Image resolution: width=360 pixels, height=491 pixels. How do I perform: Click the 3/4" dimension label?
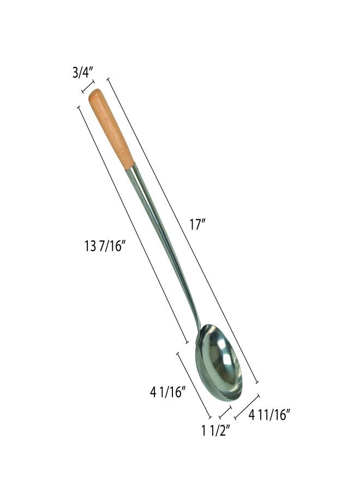(83, 73)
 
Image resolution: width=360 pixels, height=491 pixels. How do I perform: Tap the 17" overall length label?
(197, 224)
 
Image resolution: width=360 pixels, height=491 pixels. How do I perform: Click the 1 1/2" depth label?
(217, 431)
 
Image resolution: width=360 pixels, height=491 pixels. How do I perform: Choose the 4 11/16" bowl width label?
(268, 415)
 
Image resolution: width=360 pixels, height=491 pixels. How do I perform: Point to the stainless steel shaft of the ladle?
(163, 247)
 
